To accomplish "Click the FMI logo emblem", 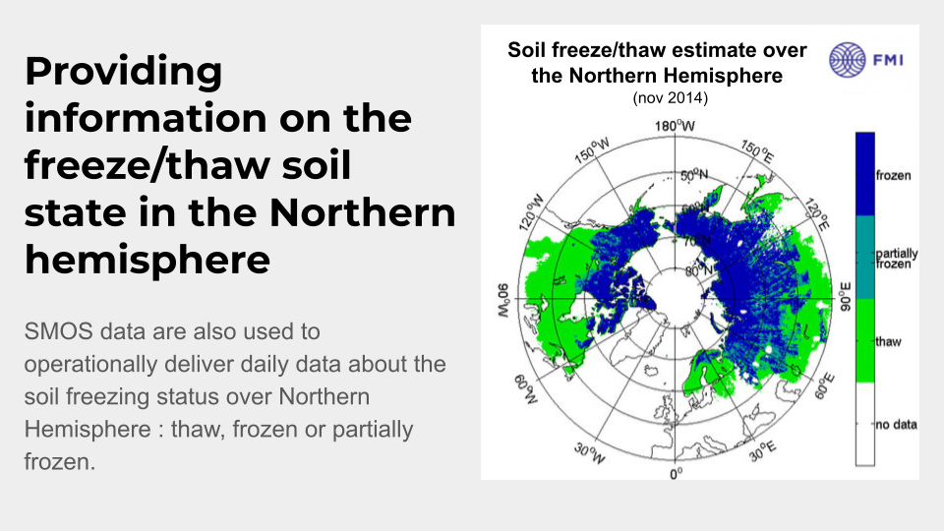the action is [x=847, y=60].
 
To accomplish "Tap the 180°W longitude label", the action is [x=675, y=126].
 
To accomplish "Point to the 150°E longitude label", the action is [x=757, y=151].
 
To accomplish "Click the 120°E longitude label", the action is [x=817, y=214].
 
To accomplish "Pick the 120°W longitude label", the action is [x=531, y=212].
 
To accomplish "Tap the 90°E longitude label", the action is [x=846, y=297].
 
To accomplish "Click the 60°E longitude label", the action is [x=824, y=385].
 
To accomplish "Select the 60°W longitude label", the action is [x=525, y=389].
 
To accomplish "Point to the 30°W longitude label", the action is [x=589, y=453].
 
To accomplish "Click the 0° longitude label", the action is [x=677, y=474].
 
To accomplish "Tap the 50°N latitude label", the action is [x=694, y=175].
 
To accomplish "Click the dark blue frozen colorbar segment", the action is [x=865, y=174].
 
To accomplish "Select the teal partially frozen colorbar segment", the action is [x=865, y=258].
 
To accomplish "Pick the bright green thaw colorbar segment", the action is [x=865, y=341].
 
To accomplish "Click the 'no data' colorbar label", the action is [x=897, y=425].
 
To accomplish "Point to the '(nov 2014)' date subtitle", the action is [x=670, y=97].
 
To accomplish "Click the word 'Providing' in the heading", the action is [x=124, y=72].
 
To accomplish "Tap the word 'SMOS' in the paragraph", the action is [x=58, y=331].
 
